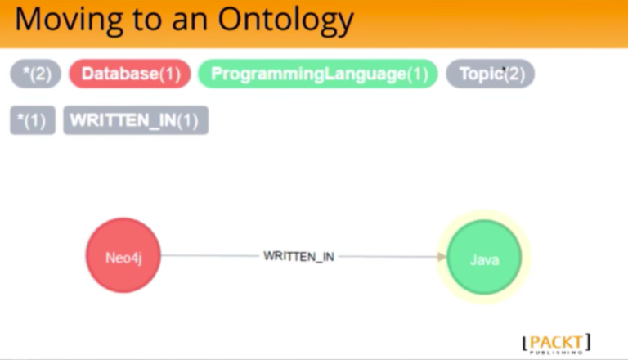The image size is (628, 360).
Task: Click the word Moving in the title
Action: [68, 20]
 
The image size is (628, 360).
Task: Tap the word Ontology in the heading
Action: [285, 20]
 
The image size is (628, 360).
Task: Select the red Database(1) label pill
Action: [130, 74]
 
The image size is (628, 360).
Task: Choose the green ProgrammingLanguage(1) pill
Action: [317, 74]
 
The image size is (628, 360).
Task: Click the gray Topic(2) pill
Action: [491, 74]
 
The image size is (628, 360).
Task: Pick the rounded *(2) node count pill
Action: [36, 74]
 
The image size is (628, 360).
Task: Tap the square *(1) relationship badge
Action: [33, 120]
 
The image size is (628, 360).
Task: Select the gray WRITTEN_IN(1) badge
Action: [136, 120]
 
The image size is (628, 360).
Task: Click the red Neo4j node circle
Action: [123, 255]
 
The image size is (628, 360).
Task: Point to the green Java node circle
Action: [484, 257]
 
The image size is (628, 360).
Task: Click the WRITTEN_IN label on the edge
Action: [298, 257]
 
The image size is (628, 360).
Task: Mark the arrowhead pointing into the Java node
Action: [442, 257]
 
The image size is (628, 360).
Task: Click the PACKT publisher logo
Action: [556, 344]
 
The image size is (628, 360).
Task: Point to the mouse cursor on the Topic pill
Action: [505, 70]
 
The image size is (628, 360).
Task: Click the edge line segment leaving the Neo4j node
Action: [210, 255]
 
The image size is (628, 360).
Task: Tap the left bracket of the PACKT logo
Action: [525, 344]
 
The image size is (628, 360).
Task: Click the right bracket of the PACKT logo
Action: [588, 341]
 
